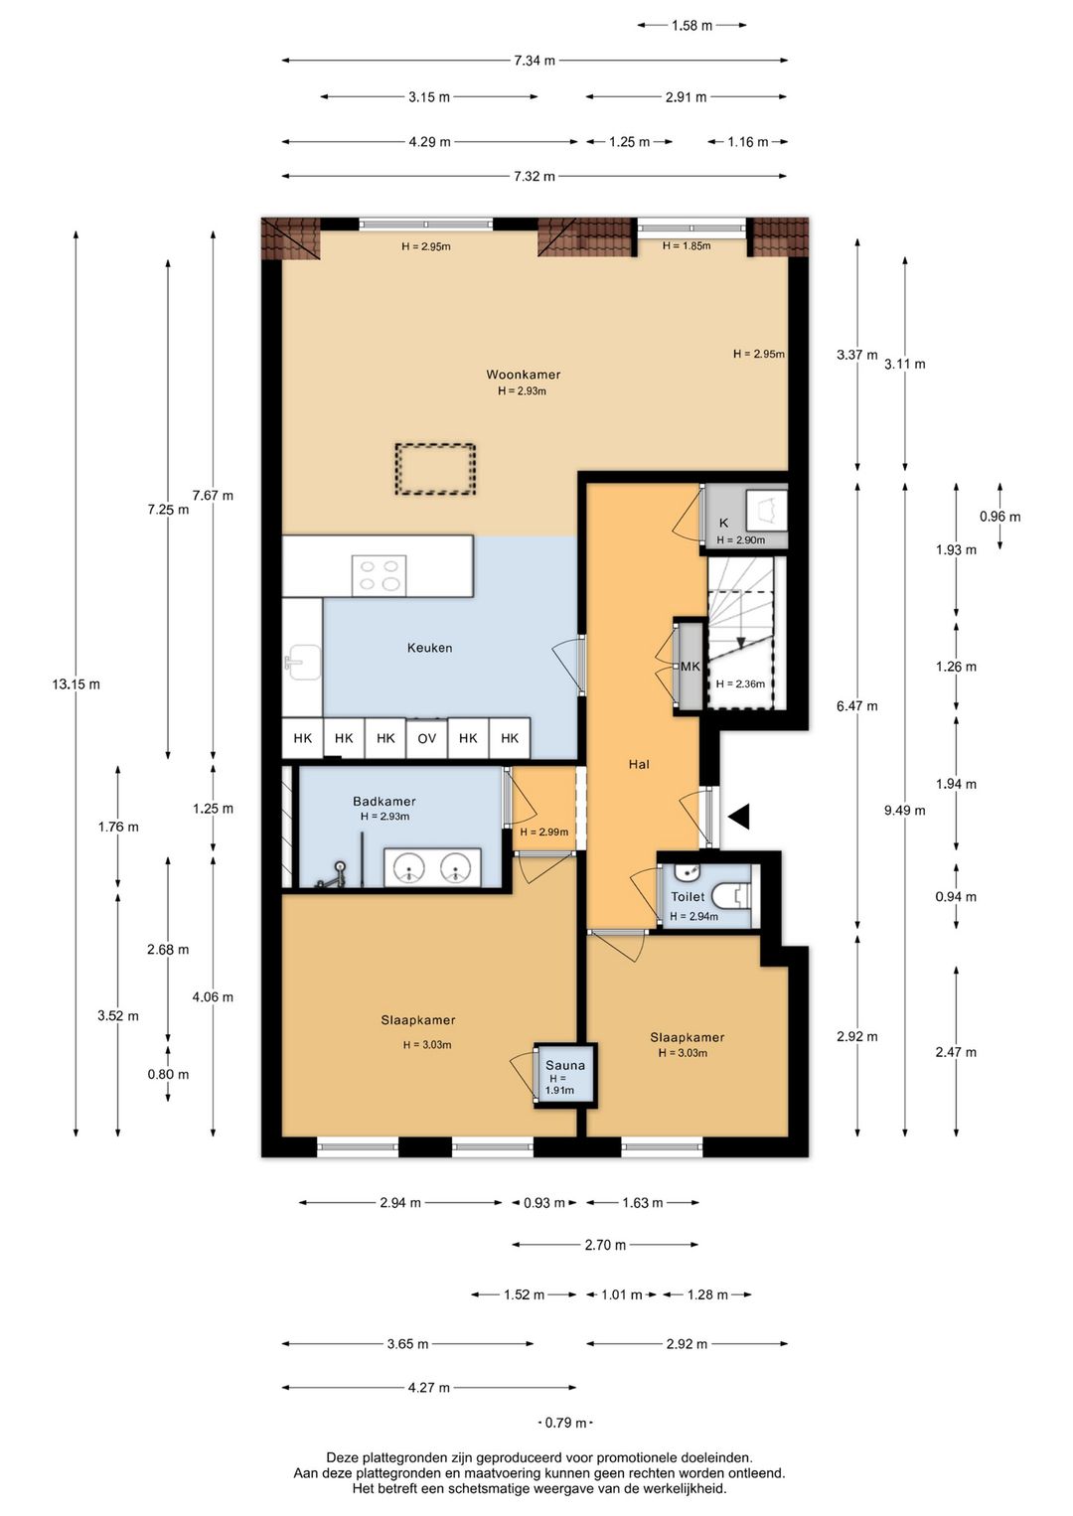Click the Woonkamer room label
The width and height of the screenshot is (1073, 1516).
coord(524,375)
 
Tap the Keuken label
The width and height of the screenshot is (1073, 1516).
coord(429,648)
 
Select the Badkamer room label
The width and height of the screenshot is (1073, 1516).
coord(383,802)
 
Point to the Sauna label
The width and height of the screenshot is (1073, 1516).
coord(565,1065)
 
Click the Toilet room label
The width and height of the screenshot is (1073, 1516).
coord(688,897)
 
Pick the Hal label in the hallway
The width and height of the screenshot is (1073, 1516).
coord(639,764)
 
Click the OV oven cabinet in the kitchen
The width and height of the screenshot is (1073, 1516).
coord(426,738)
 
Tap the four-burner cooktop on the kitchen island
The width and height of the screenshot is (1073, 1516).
coord(380,575)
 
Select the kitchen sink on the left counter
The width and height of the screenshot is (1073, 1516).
coord(303,662)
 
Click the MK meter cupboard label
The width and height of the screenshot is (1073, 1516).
coord(690,667)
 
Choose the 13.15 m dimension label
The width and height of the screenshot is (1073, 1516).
coord(76,684)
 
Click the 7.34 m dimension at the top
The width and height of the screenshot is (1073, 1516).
coord(535,61)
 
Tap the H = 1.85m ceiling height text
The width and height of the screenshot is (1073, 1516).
coord(687,245)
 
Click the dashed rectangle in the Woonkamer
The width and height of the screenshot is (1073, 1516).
coord(435,469)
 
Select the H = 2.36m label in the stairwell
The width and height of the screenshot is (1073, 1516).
coord(740,683)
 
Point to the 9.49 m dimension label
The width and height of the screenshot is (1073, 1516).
coord(905,810)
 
